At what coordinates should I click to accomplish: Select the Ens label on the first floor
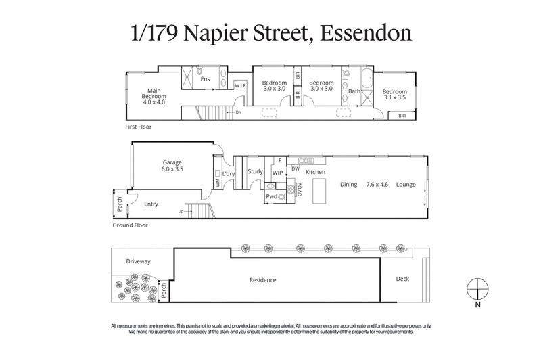click(206, 79)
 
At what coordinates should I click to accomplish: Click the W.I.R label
click(240, 86)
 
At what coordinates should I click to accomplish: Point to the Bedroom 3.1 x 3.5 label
click(394, 95)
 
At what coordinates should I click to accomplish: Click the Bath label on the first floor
click(354, 91)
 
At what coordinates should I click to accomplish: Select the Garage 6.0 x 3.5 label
click(173, 166)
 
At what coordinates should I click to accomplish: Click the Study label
click(255, 172)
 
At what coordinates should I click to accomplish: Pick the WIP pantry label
click(277, 173)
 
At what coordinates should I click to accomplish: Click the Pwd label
click(271, 196)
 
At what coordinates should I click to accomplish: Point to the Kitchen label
click(315, 173)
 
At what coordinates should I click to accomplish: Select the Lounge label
click(406, 183)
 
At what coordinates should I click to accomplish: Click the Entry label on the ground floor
click(151, 204)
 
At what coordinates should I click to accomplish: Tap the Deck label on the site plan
click(402, 279)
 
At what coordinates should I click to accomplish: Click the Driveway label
click(138, 261)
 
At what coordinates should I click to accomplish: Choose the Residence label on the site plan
click(263, 280)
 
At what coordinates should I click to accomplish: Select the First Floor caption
click(138, 127)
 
